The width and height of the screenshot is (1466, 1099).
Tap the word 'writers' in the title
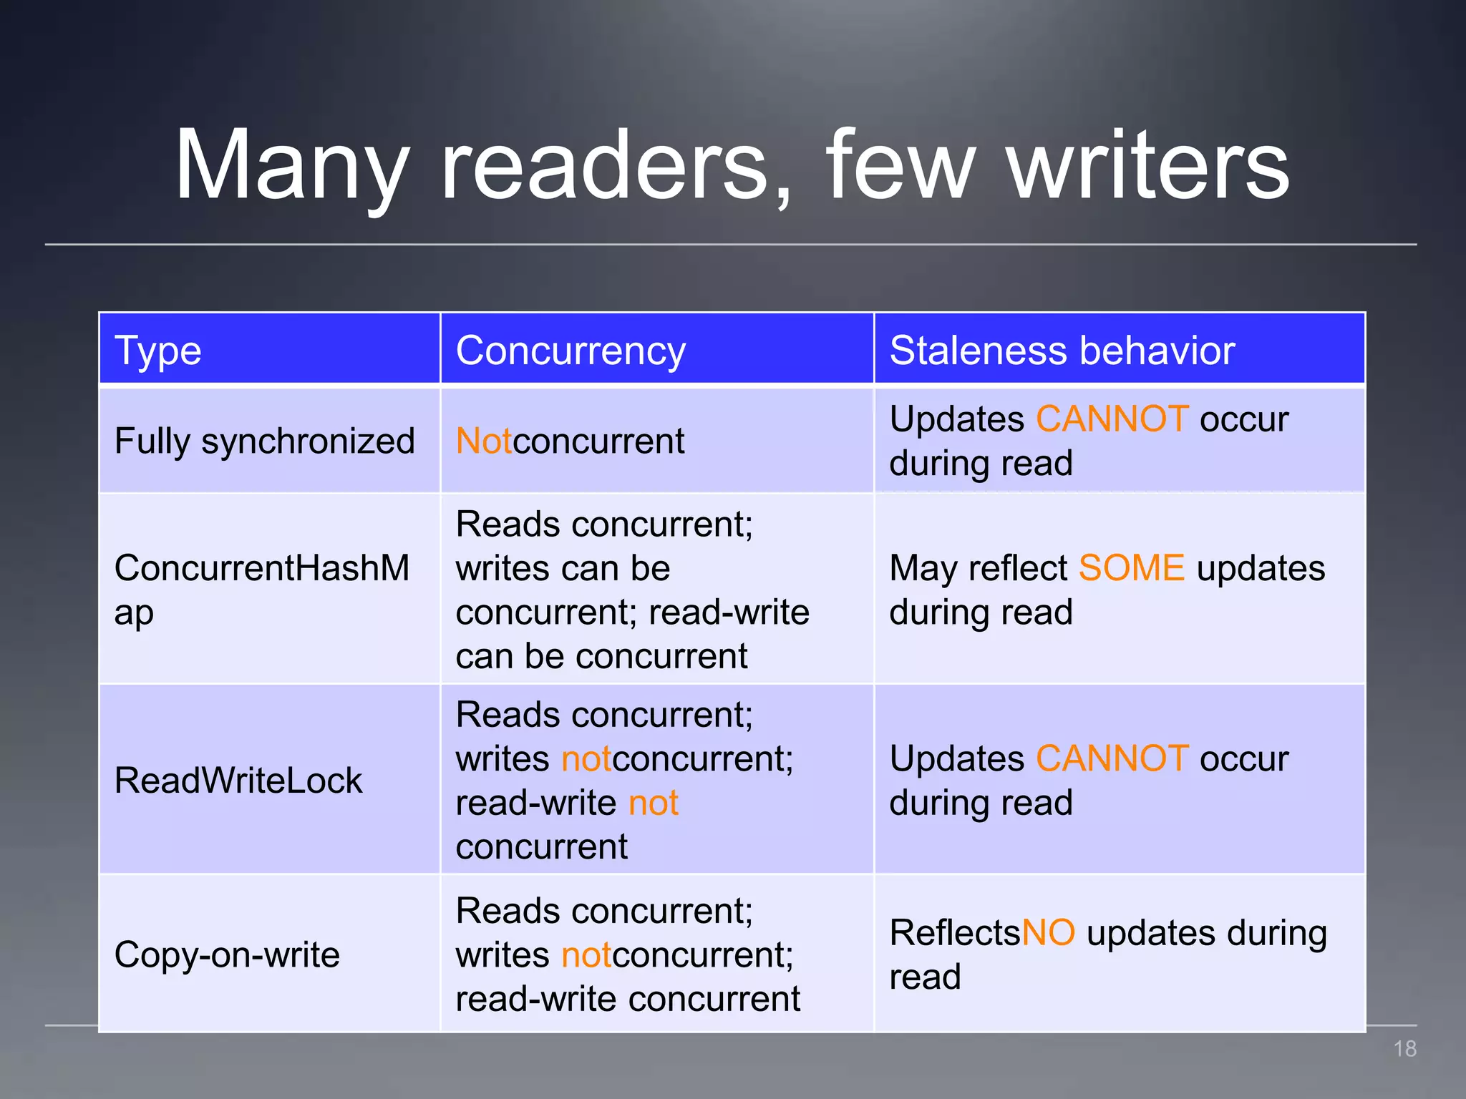pos(1148,166)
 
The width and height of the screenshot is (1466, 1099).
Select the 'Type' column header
pos(158,351)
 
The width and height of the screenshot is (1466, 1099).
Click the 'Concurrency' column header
pos(571,351)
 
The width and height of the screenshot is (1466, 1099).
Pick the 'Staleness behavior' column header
pos(1062,351)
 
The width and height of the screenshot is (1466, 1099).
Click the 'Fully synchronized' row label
pos(265,441)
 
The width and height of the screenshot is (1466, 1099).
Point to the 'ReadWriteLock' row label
pos(238,780)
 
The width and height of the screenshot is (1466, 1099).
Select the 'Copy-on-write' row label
pos(227,954)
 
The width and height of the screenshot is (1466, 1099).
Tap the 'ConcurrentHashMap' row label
pos(261,590)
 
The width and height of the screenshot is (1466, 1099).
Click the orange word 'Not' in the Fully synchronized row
pos(484,441)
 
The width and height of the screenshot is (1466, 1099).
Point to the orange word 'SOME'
pos(1132,568)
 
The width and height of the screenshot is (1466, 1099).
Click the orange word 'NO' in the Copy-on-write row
pos(1048,933)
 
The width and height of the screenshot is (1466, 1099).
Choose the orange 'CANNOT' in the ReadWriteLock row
pos(1112,758)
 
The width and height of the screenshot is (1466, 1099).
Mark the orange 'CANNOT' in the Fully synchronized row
pos(1112,419)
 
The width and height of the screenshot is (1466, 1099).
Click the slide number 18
pos(1404,1049)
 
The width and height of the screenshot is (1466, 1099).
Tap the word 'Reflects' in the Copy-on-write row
pos(954,933)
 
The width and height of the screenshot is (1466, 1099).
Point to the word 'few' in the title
pos(901,166)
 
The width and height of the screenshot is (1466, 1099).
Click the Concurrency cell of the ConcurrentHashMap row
pos(633,590)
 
